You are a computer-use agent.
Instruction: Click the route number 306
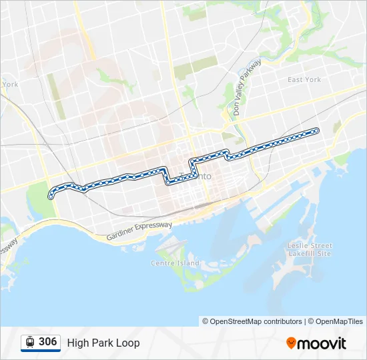click(47, 342)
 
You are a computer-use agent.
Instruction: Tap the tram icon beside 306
click(30, 343)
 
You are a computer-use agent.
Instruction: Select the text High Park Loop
click(103, 343)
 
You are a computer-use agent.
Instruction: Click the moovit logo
click(316, 343)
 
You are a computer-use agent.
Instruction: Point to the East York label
click(304, 80)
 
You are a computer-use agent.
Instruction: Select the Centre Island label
click(175, 263)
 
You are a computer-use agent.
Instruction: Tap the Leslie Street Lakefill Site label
click(309, 249)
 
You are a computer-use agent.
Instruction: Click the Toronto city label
click(196, 176)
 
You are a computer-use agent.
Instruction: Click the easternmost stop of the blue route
click(316, 130)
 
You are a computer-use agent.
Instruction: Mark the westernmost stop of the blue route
click(50, 196)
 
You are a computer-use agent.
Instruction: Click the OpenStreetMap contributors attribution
click(253, 321)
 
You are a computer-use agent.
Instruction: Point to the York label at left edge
click(9, 85)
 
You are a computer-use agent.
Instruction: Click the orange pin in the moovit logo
click(291, 343)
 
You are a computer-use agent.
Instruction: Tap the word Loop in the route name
click(129, 343)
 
